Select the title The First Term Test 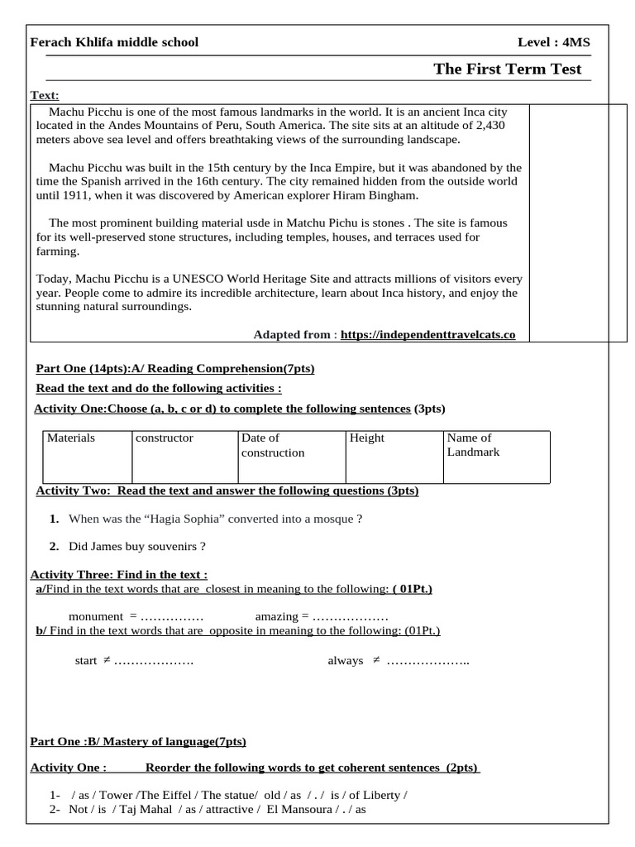point(507,69)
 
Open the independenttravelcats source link point(427,334)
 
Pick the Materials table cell point(71,438)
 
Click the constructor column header point(165,438)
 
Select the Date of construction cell point(273,445)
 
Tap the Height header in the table point(367,438)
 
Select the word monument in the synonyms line point(96,617)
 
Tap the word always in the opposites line point(346,660)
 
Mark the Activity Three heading point(118,575)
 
